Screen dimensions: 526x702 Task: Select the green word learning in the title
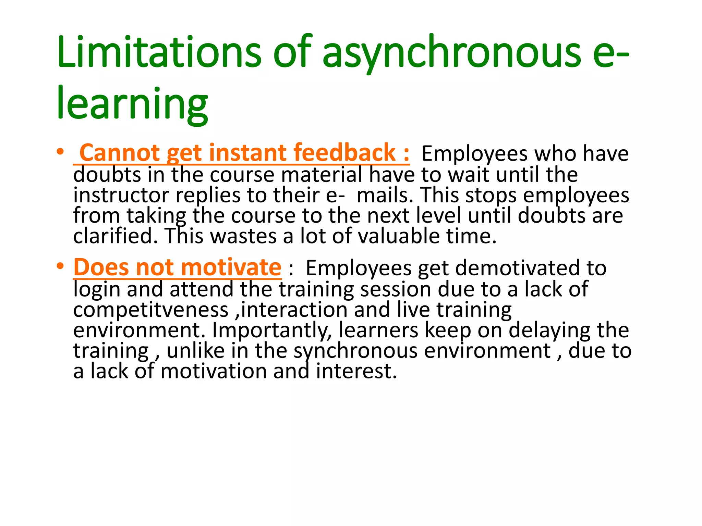[132, 103]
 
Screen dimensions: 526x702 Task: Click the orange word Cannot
[120, 153]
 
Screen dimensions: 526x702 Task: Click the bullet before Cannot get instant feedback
[61, 152]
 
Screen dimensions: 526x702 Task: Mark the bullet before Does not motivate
[61, 266]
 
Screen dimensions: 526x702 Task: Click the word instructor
[121, 195]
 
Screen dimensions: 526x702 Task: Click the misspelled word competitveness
[151, 310]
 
